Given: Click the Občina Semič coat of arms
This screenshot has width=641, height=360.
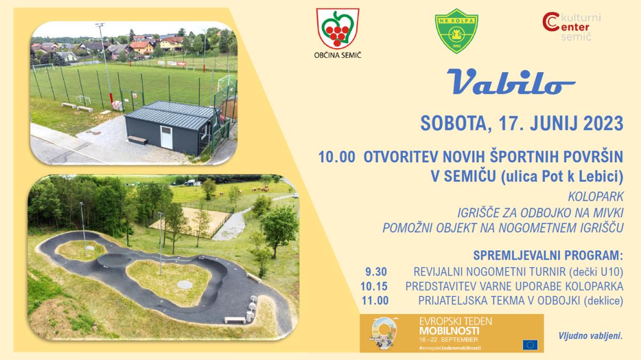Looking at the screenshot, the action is (338, 29).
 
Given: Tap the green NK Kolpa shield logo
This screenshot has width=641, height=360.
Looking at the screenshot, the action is (456, 31).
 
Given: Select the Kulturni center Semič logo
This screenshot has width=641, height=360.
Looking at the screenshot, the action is (572, 26).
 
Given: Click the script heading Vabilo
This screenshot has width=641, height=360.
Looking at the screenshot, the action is (511, 82).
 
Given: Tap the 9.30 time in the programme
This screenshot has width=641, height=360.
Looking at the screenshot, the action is (376, 271).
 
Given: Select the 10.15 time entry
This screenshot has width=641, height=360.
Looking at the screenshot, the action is (374, 286).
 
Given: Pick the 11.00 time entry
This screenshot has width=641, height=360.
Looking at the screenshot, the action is (375, 301).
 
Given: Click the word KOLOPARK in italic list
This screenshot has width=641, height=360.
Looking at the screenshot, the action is (596, 197).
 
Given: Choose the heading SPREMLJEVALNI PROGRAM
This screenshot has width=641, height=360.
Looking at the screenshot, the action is (548, 255).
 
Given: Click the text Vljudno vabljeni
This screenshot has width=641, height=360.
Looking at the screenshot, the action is (590, 335).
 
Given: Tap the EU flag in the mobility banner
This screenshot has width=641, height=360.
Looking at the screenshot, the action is (530, 345).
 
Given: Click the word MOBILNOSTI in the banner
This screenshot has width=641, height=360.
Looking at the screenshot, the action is (449, 331).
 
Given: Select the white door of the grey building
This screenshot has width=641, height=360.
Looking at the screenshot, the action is (166, 137).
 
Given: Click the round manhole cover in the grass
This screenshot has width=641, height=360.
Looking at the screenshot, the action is (185, 285).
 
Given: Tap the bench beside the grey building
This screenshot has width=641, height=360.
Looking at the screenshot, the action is (137, 140).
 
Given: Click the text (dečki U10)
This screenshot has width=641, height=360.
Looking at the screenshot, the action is (596, 272).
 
